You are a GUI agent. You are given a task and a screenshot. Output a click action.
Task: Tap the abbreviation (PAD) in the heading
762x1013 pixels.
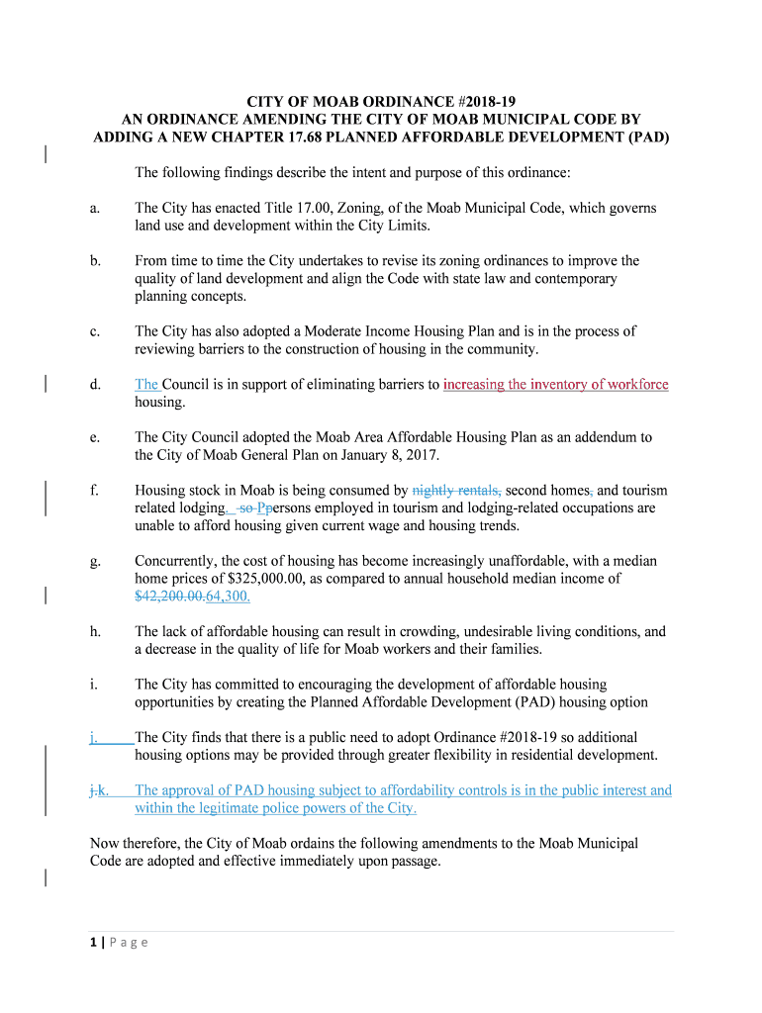[649, 138]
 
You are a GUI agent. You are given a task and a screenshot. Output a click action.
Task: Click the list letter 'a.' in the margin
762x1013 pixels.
[95, 208]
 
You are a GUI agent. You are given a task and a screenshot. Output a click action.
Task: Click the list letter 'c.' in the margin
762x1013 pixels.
[95, 331]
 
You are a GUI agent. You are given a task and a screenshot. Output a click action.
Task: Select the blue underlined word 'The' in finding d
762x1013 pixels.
[146, 385]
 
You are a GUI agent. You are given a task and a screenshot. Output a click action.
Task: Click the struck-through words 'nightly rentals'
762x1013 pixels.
[456, 490]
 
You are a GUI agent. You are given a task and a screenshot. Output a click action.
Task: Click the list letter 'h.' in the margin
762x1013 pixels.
[95, 631]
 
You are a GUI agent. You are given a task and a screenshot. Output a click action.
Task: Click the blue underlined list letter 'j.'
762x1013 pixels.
[93, 737]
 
